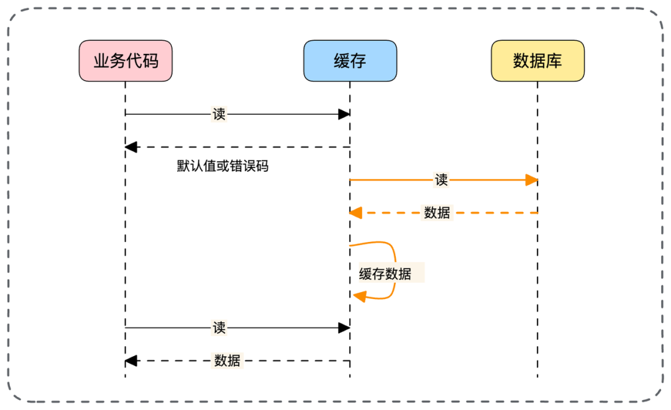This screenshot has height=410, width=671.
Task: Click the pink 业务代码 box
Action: pyautogui.click(x=126, y=61)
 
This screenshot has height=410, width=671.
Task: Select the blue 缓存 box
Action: pyautogui.click(x=350, y=61)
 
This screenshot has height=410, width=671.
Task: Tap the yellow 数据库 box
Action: pyautogui.click(x=537, y=61)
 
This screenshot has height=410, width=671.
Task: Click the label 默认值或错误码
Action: pyautogui.click(x=222, y=166)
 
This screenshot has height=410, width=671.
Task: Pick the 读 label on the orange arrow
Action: pyautogui.click(x=441, y=180)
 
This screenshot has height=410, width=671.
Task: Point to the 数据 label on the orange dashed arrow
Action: pyautogui.click(x=437, y=212)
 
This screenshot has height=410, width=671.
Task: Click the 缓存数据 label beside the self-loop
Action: pyautogui.click(x=385, y=274)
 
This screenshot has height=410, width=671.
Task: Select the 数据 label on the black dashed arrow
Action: pyautogui.click(x=227, y=360)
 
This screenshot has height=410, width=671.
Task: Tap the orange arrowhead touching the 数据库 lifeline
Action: pyautogui.click(x=531, y=180)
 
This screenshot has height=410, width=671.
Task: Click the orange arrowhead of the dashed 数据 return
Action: pyautogui.click(x=355, y=212)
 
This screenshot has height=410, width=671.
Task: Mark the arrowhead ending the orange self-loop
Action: pyautogui.click(x=360, y=295)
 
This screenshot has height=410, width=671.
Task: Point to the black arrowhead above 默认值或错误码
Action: pyautogui.click(x=131, y=147)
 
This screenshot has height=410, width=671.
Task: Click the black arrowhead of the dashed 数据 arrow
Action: pyautogui.click(x=131, y=360)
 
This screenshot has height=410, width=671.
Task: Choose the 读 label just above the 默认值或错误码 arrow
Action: pyautogui.click(x=219, y=114)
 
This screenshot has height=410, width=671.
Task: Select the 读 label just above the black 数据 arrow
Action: pyautogui.click(x=219, y=328)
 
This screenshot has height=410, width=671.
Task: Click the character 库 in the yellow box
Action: pyautogui.click(x=554, y=61)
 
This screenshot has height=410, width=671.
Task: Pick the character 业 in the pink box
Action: pyautogui.click(x=101, y=61)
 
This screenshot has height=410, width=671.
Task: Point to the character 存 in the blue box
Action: pyautogui.click(x=358, y=61)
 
